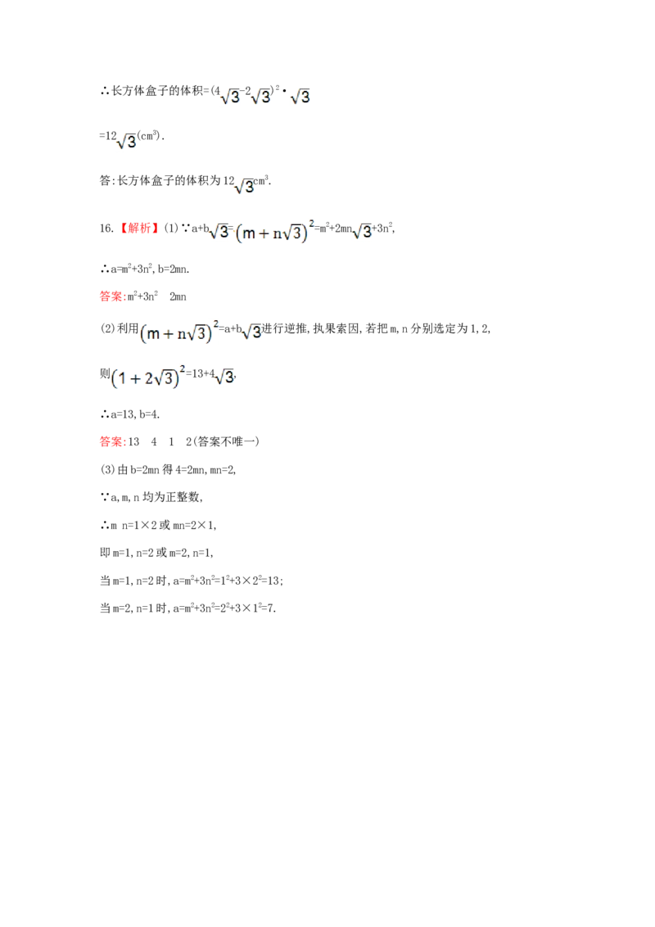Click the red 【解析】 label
coord(139,228)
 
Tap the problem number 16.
coord(106,228)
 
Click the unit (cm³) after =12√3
coord(149,136)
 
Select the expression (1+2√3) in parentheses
coord(145,378)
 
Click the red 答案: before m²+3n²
coord(113,296)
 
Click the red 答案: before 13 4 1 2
coord(113,441)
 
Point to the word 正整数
coord(183,497)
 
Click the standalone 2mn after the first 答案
coord(178,296)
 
